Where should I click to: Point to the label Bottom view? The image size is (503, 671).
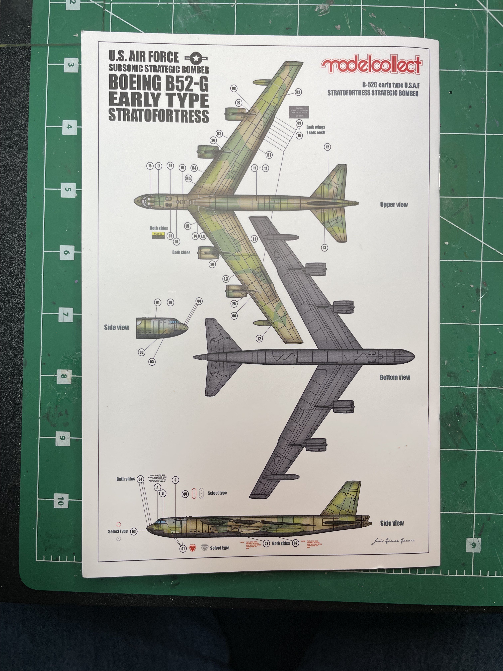[x=395, y=377]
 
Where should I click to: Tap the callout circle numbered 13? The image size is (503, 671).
[x=324, y=248]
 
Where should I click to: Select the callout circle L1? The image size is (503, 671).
[x=254, y=239]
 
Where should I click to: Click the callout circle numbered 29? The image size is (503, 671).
[x=212, y=264]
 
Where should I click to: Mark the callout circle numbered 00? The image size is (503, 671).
[x=234, y=88]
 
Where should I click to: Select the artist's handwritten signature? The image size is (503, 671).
[x=393, y=541]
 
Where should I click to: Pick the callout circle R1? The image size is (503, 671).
[x=269, y=155]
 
